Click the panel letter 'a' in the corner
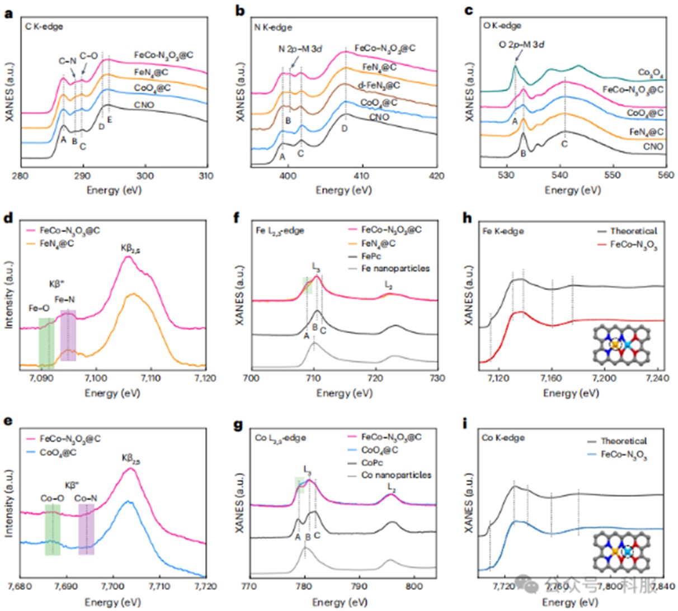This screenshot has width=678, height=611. tap(8, 12)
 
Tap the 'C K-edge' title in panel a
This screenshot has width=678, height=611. tap(44, 26)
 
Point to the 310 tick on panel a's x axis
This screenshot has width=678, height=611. tap(206, 176)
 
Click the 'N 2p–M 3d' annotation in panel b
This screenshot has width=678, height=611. tap(300, 49)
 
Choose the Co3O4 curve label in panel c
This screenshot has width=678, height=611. tap(651, 73)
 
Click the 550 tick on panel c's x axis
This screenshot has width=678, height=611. tap(613, 174)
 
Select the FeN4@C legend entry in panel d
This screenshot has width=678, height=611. tap(62, 243)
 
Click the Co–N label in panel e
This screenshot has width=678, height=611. tap(86, 498)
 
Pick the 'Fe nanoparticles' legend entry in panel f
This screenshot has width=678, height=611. tap(395, 268)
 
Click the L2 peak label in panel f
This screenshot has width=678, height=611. tap(388, 284)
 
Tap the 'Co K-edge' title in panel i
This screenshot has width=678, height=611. tap(503, 438)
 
